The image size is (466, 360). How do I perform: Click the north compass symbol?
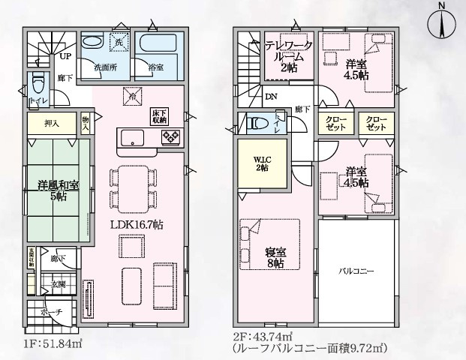pos(442,25)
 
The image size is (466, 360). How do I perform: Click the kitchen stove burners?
pos(169,137)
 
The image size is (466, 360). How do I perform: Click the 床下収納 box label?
pos(158,115)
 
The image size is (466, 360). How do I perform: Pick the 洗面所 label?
pos(104,67)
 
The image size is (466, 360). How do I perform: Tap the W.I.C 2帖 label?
pos(262,163)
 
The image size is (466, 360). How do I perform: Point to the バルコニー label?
pos(356,268)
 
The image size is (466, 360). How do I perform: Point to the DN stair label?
pos(270,96)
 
